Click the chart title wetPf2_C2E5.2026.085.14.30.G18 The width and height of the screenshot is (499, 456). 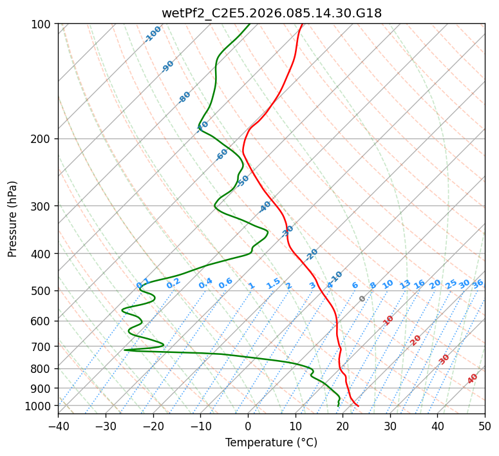point(271,13)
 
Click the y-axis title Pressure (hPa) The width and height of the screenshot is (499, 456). point(13,218)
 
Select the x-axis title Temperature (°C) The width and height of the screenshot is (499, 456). point(271,442)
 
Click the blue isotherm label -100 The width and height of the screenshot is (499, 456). point(153,34)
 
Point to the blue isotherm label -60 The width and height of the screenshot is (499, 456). point(222,155)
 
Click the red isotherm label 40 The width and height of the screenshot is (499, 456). point(473,379)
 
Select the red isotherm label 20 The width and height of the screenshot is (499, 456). point(416,339)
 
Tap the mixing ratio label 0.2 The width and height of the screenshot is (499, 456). point(173,283)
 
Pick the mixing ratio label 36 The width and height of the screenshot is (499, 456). point(478,283)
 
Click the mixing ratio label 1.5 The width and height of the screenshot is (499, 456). point(273,283)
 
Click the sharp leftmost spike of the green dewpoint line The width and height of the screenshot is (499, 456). point(125,350)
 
